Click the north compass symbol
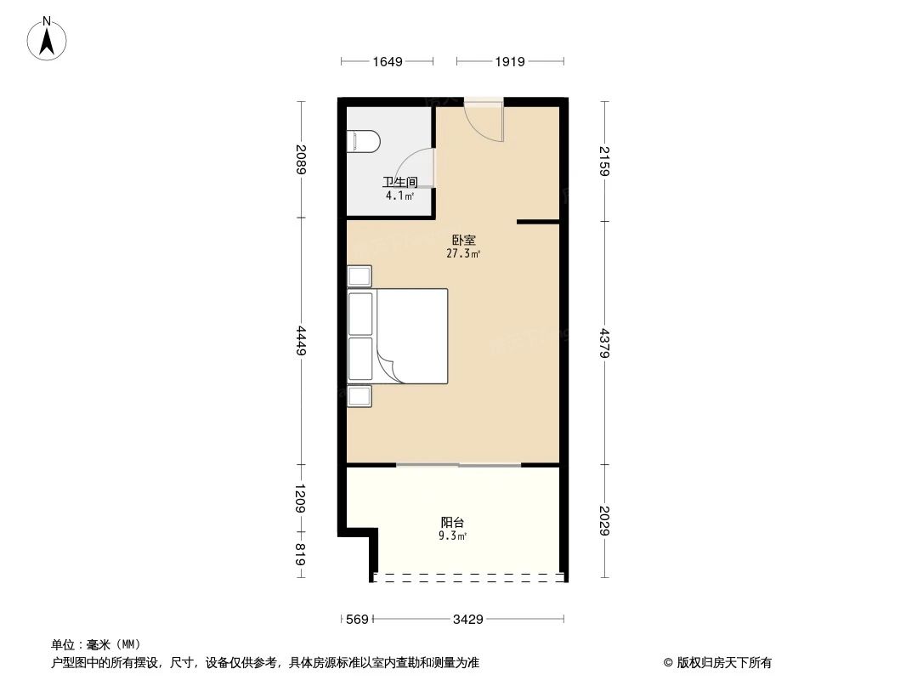point(48,37)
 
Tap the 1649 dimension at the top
point(387,61)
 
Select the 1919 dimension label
point(509,61)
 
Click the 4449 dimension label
point(300,341)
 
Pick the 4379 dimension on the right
point(604,343)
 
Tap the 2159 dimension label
point(604,161)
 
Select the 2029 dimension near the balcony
point(604,520)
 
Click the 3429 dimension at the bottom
point(467,620)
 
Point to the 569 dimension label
point(358,620)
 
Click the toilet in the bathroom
point(363,141)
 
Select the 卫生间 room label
point(399,182)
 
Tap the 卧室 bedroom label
point(463,241)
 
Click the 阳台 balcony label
point(452,523)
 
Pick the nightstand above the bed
point(360,276)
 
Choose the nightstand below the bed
point(360,396)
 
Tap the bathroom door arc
point(418,167)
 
